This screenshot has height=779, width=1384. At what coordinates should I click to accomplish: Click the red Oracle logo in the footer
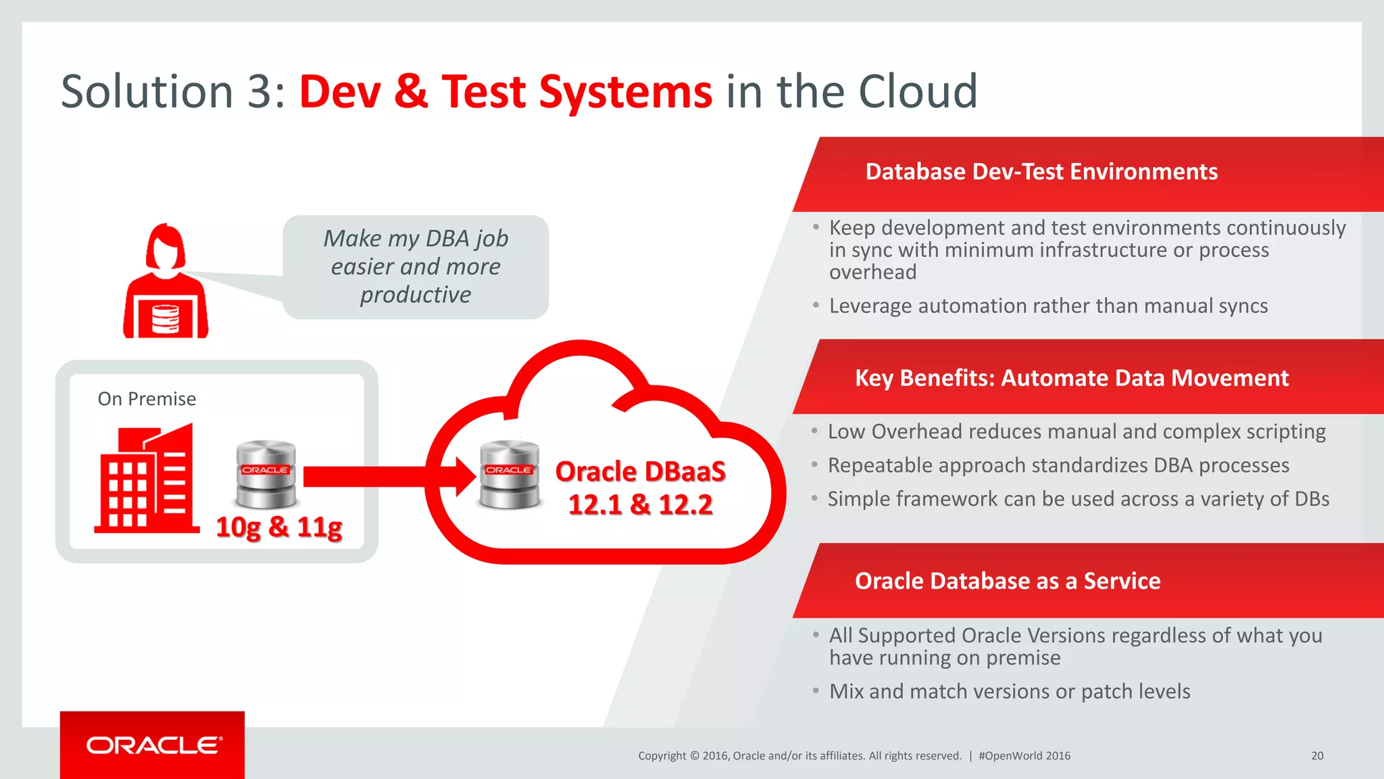153,745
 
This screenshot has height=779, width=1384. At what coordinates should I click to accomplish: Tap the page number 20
1317,756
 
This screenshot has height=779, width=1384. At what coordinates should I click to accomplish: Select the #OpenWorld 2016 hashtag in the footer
1024,756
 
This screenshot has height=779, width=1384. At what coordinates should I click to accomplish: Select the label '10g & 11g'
279,527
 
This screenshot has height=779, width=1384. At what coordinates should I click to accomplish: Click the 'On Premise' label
147,399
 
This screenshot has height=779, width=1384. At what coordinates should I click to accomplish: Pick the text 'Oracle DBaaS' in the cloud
641,471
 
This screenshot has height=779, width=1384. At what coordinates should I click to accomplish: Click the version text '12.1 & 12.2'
641,504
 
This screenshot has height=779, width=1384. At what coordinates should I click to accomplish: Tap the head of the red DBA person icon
166,247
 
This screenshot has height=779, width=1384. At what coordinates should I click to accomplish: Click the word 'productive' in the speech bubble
416,295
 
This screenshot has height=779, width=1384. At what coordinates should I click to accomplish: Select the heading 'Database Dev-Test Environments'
1041,172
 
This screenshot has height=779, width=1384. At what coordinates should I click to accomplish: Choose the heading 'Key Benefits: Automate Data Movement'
1072,378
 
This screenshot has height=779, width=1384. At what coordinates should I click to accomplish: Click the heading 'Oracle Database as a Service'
1008,581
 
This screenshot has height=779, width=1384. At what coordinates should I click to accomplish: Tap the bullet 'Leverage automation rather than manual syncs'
1048,306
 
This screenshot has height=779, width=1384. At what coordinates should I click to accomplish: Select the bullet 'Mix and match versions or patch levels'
1010,692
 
